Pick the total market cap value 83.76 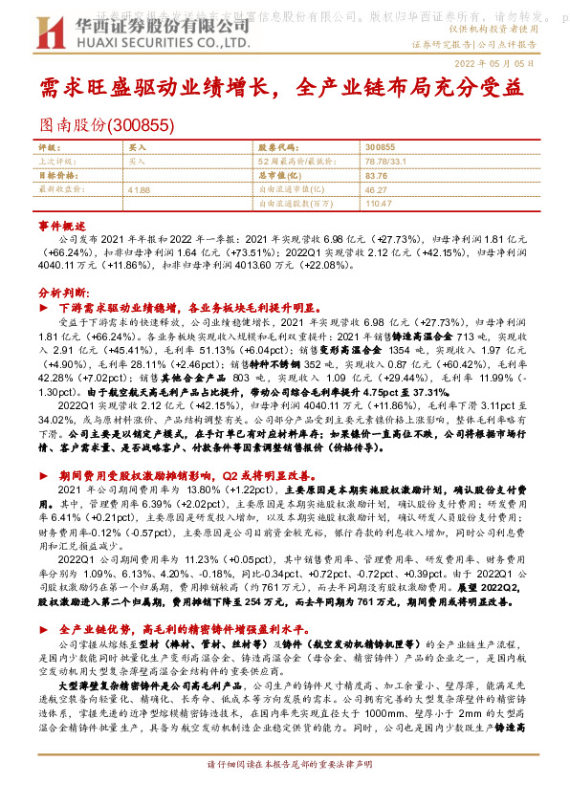point(375,176)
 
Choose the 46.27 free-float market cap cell point(375,190)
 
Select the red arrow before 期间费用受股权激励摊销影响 point(43,475)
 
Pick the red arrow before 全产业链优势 point(43,631)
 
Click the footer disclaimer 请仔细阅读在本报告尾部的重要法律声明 point(284,793)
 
